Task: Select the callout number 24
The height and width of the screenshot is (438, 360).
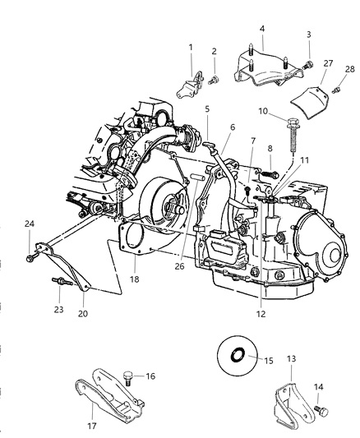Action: [x=30, y=223]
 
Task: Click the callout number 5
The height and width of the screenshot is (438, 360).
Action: [x=207, y=108]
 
